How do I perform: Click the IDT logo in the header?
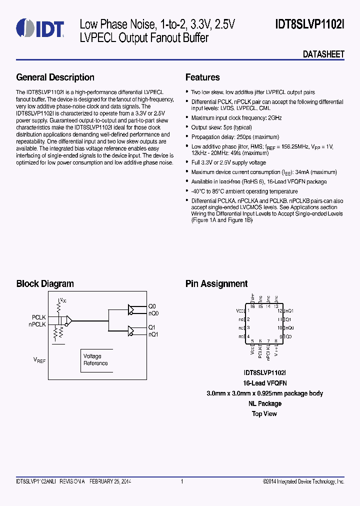(39, 28)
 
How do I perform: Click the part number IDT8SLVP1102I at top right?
(309, 23)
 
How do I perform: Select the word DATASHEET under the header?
(323, 54)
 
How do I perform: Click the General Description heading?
(55, 77)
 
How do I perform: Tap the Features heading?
(202, 77)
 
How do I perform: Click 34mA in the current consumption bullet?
(292, 172)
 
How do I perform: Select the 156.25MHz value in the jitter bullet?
(290, 147)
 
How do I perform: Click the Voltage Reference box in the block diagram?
(95, 360)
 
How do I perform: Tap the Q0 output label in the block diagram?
(152, 306)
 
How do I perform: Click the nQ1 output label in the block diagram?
(153, 334)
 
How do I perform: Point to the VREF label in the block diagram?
(39, 359)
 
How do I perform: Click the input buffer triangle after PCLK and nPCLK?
(68, 320)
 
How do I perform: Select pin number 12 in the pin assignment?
(280, 310)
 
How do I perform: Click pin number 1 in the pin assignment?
(248, 310)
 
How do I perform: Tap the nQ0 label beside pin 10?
(289, 328)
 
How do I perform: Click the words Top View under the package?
(264, 414)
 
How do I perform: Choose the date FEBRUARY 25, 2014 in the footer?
(110, 481)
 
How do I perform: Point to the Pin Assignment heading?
(216, 284)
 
